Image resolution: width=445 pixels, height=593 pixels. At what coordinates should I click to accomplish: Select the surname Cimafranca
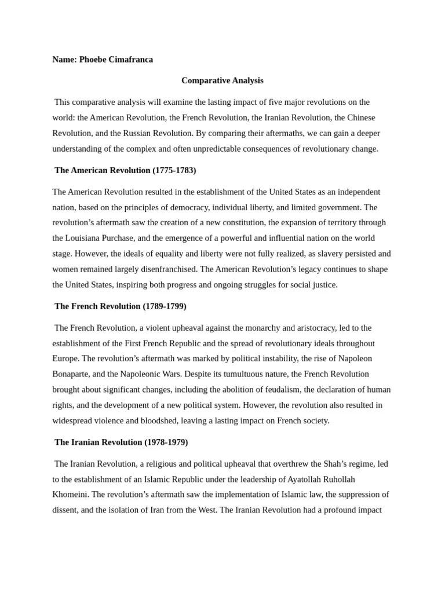pyautogui.click(x=130, y=60)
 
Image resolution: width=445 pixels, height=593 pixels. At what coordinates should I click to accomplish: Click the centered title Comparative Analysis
pyautogui.click(x=222, y=80)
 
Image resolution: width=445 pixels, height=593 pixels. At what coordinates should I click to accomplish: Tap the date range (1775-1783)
pyautogui.click(x=174, y=170)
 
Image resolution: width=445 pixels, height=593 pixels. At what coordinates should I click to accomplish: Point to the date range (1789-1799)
pyautogui.click(x=165, y=306)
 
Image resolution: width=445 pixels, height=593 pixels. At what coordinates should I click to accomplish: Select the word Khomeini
pyautogui.click(x=70, y=495)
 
